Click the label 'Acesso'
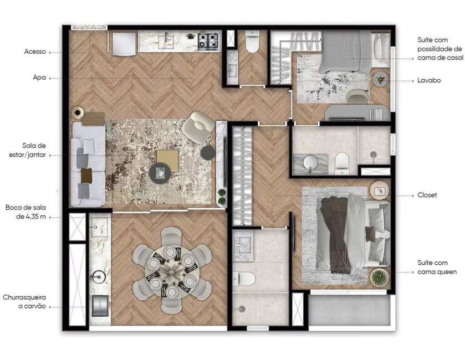coord(35,52)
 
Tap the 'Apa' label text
coord(39,79)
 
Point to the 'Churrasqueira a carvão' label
coord(24,301)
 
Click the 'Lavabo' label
coord(428,80)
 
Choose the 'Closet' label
coord(427,196)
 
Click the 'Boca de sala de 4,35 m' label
coord(27,212)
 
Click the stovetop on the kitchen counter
coord(208,40)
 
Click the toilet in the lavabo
coord(252,42)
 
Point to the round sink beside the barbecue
coord(100,276)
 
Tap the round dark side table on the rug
coord(160,174)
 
